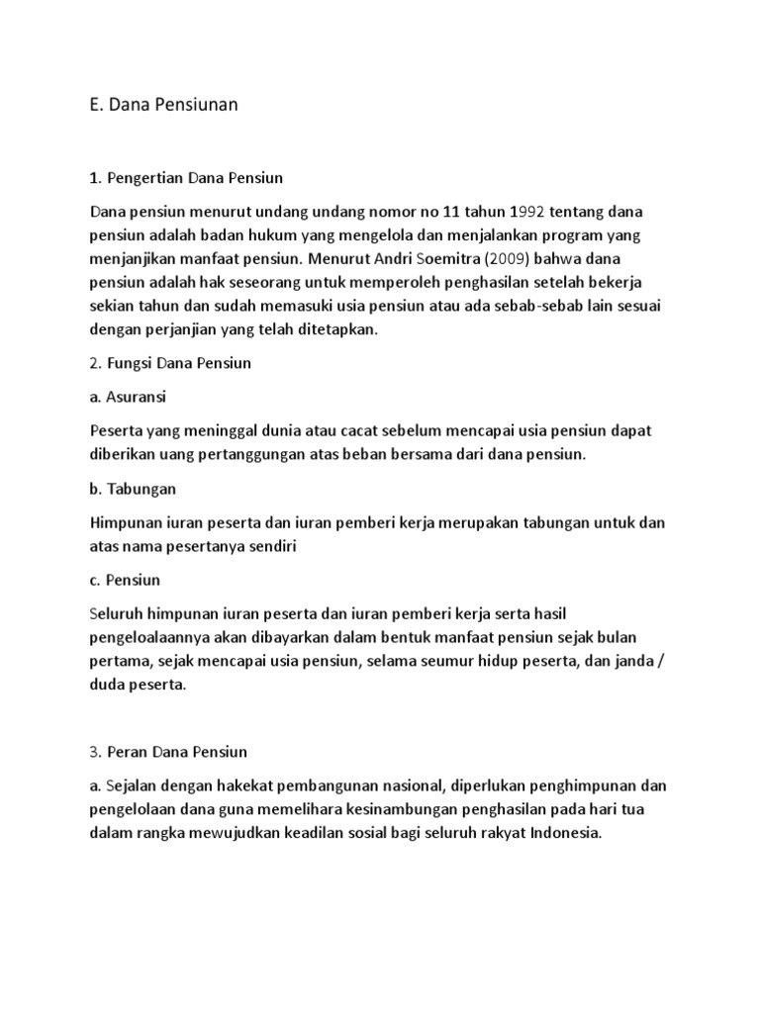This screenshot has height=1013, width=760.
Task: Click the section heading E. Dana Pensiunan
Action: (163, 106)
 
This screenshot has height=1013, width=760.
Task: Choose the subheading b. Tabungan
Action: (133, 489)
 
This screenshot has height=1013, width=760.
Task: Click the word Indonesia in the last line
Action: (561, 833)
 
